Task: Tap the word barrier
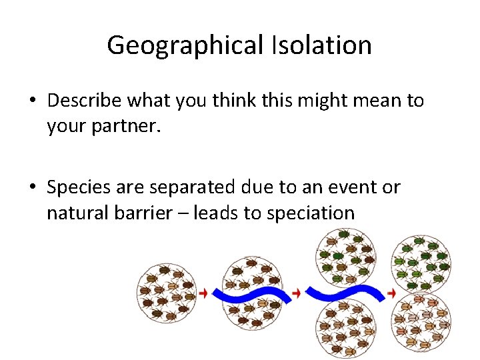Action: pyautogui.click(x=150, y=213)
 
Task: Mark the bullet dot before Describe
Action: pyautogui.click(x=33, y=101)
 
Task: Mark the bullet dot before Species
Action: pyautogui.click(x=33, y=188)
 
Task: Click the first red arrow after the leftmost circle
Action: pyautogui.click(x=203, y=293)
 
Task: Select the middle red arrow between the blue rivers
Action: pyautogui.click(x=297, y=293)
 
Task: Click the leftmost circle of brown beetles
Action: pyautogui.click(x=165, y=293)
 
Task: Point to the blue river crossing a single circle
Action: pyautogui.click(x=251, y=294)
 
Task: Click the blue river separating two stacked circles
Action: pyautogui.click(x=345, y=293)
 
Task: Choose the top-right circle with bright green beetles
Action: pyautogui.click(x=421, y=263)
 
